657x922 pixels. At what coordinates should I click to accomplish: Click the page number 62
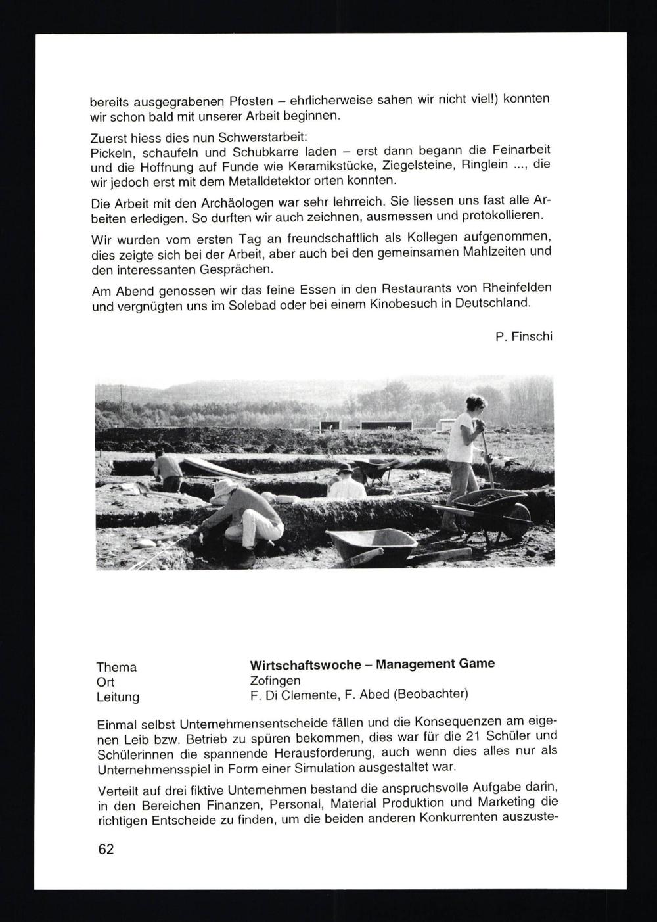pos(106,849)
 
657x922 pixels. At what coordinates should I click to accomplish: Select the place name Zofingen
pos(275,680)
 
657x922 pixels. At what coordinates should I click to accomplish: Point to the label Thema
pos(116,667)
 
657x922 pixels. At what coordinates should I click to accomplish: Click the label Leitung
pos(118,697)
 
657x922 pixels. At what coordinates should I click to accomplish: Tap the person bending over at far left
pos(168,469)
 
